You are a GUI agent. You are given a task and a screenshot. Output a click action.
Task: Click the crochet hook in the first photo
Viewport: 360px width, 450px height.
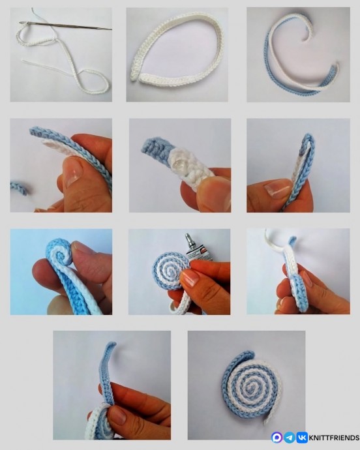65,25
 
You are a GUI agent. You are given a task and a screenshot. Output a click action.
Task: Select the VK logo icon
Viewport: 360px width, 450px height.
302,438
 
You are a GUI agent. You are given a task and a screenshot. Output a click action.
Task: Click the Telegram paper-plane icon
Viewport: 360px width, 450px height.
290,438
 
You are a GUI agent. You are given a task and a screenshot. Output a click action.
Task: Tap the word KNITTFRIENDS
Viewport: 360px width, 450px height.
334,438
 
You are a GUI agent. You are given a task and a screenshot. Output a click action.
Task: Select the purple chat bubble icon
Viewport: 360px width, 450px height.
277,438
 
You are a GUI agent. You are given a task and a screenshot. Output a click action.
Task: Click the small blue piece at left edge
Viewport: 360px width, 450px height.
18,187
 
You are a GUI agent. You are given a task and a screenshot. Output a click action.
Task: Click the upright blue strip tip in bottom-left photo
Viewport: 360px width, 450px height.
110,345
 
